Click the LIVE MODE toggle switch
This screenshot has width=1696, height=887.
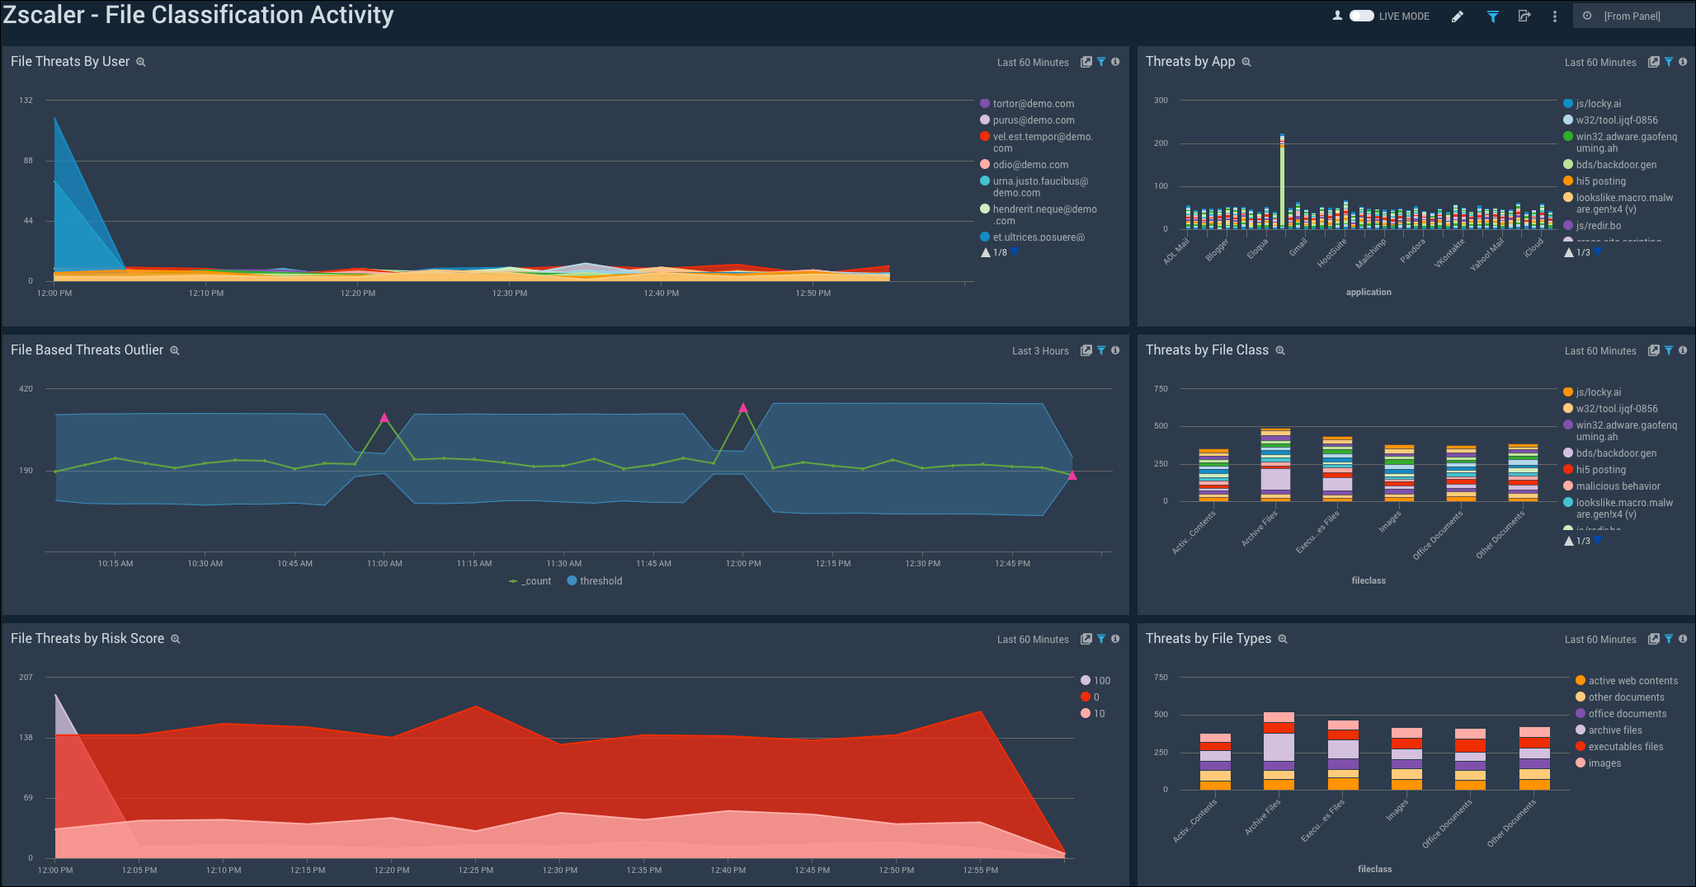click(1361, 16)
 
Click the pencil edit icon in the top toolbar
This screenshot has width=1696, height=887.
click(1458, 16)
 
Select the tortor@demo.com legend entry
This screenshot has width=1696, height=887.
click(1033, 104)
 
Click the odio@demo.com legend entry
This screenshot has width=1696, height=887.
click(1029, 165)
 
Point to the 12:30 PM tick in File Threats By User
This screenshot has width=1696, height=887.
click(510, 293)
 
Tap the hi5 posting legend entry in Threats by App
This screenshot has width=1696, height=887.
click(1600, 181)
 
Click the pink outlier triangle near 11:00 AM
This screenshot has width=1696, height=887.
click(384, 418)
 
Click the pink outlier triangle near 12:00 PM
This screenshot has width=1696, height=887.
click(743, 407)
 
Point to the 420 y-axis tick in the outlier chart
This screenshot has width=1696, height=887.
click(26, 388)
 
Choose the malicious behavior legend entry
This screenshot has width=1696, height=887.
click(1618, 486)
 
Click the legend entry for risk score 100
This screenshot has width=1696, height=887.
click(1101, 681)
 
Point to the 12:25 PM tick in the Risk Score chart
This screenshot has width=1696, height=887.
click(476, 870)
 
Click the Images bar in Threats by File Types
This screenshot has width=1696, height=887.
click(1406, 758)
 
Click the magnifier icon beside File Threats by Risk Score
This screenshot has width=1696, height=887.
click(176, 639)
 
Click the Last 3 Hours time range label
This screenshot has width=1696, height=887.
click(1040, 351)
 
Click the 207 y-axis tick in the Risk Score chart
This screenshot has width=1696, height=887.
click(26, 677)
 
